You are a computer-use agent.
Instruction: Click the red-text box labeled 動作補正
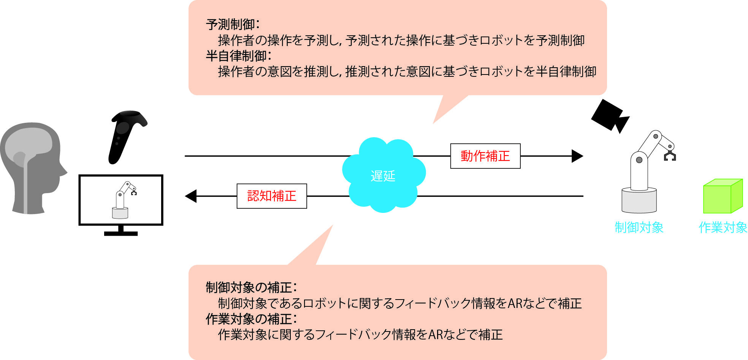485,156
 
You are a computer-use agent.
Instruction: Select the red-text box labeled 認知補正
271,196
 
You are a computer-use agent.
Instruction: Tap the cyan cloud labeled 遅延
383,176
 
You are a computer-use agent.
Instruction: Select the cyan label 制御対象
639,227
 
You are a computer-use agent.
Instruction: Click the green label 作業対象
723,227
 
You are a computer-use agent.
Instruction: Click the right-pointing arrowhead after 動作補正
577,156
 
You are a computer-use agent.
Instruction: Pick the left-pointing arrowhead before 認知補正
191,196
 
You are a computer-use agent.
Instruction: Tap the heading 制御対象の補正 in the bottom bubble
251,287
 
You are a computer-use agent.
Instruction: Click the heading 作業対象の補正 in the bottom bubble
251,319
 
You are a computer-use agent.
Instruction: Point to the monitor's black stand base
120,233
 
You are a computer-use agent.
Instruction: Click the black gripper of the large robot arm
669,156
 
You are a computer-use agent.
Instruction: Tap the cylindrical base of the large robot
639,200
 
